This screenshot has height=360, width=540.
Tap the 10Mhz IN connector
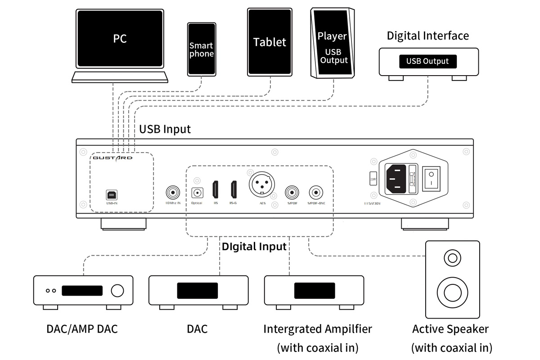[172, 193]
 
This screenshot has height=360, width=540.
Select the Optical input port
[197, 193]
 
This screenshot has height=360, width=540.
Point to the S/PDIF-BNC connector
[315, 193]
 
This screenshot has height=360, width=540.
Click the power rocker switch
[431, 177]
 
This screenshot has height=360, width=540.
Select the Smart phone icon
[201, 49]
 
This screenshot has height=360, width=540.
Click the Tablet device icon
[270, 41]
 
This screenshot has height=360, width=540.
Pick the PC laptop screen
[120, 39]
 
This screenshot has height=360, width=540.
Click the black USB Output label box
[427, 62]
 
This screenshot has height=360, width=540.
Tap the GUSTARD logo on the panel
[112, 158]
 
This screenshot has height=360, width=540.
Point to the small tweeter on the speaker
[452, 258]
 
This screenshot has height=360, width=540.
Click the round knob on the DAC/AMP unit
[117, 291]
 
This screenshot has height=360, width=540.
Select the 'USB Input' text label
[165, 129]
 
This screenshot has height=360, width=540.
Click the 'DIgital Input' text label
[254, 247]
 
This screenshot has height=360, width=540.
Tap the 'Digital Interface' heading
[427, 36]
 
